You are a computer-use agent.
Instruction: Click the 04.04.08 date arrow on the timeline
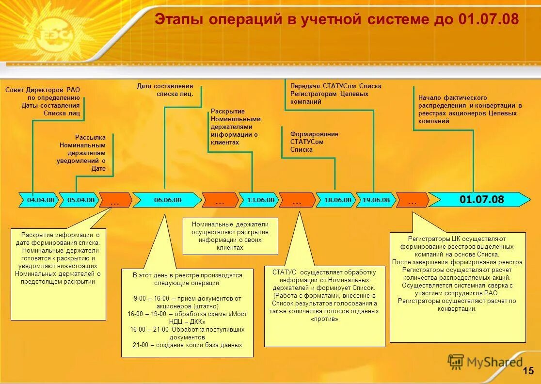(40, 200)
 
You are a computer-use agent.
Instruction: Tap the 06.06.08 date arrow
(167, 200)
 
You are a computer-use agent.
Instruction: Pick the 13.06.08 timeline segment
(260, 200)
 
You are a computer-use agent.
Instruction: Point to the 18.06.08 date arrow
(337, 200)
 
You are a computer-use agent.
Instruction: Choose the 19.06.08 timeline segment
(376, 200)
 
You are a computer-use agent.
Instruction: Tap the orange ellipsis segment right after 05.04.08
(115, 200)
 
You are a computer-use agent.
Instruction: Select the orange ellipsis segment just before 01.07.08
(413, 200)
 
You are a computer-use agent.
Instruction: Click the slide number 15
(528, 371)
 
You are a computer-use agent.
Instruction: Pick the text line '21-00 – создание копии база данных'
(187, 345)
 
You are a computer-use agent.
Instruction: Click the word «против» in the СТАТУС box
(324, 319)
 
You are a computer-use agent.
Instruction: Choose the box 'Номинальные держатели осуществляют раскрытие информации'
(230, 236)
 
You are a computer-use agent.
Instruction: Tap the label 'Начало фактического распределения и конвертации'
(469, 109)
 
